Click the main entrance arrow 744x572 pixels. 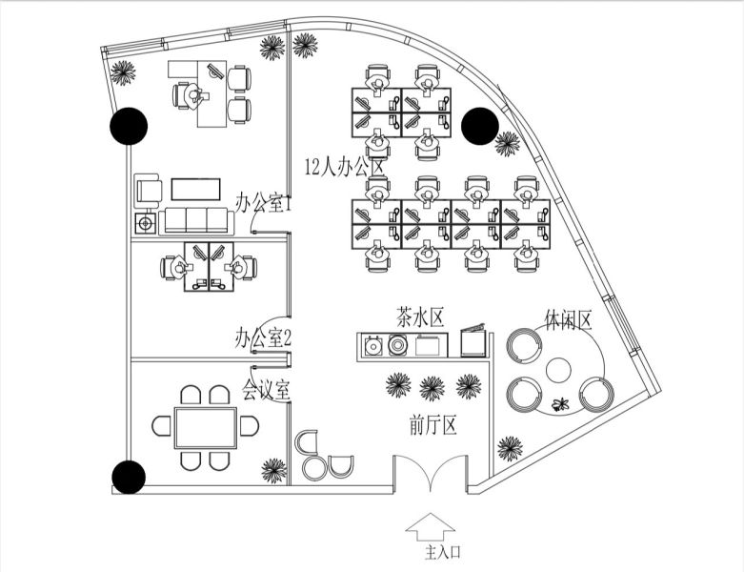(x=430, y=526)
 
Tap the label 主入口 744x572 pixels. (x=443, y=552)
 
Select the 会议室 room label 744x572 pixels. (x=266, y=390)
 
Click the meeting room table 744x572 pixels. (x=206, y=428)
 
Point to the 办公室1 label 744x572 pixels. (x=263, y=203)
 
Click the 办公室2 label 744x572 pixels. (x=263, y=338)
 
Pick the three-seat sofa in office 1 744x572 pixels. (x=196, y=221)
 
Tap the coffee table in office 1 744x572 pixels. (x=196, y=189)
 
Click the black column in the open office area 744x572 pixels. (x=480, y=126)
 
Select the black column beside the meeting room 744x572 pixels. (x=128, y=477)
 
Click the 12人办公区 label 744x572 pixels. (x=344, y=167)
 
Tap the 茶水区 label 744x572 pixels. (x=420, y=317)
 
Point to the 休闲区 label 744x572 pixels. (x=569, y=320)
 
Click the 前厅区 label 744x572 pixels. (x=432, y=425)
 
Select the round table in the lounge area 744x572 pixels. (x=558, y=370)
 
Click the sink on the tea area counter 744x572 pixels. (x=373, y=345)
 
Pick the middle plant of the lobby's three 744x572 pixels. (x=432, y=388)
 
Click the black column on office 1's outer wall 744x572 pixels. (x=129, y=126)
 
